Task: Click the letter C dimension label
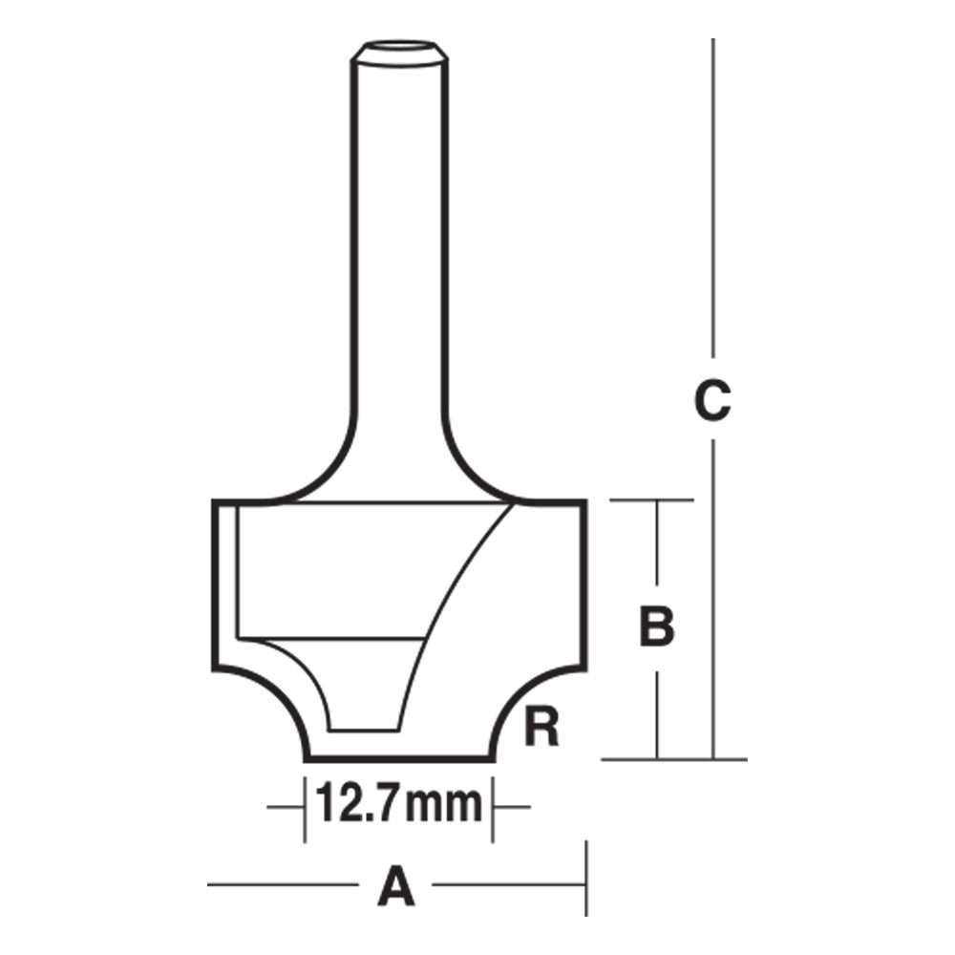click(x=712, y=401)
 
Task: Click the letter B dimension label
click(x=656, y=628)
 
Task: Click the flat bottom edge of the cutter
click(x=399, y=760)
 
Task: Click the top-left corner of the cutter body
click(x=213, y=500)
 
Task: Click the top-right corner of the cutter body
click(x=584, y=500)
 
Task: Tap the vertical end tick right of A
click(x=585, y=879)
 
